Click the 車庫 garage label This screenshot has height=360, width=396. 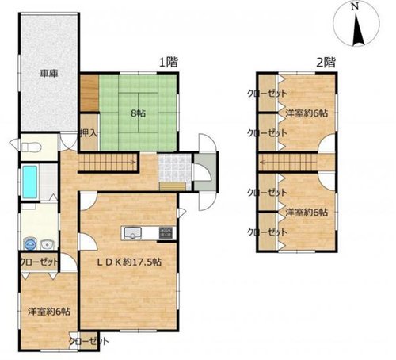pos(49,73)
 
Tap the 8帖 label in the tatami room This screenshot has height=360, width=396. pos(138,113)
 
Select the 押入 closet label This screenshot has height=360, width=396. pos(89,133)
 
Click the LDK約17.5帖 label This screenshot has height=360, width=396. pos(129,262)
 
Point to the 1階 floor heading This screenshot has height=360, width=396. pos(169,63)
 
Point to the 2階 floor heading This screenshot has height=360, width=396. pos(326,63)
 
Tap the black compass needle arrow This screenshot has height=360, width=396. pos(359,30)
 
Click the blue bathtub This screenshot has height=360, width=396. pos(29,182)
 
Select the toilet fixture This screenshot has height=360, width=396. pos(31,147)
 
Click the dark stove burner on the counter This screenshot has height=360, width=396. pos(166,232)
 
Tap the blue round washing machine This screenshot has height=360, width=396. pos(30,243)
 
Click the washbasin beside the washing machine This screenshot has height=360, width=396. pos(48,244)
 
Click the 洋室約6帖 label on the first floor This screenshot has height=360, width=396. pos(49,312)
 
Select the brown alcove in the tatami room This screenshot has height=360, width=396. pos(89,93)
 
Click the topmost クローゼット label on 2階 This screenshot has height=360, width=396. pos(267,94)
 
